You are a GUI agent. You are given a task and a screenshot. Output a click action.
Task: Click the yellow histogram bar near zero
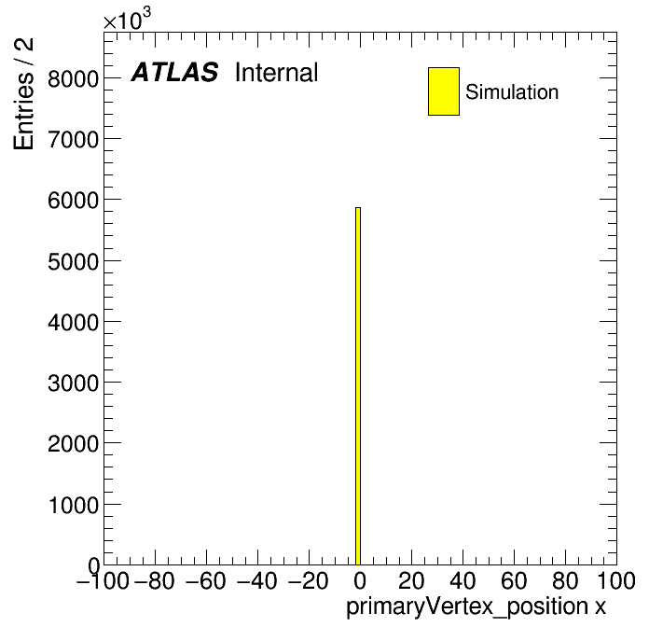pyautogui.click(x=358, y=386)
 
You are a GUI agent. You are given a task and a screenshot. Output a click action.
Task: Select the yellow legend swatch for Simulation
pyautogui.click(x=444, y=91)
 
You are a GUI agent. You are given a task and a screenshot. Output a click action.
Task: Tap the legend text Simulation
pyautogui.click(x=512, y=92)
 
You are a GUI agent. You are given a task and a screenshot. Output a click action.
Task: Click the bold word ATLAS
pyautogui.click(x=174, y=72)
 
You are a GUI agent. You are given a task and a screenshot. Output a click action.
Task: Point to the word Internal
pyautogui.click(x=277, y=73)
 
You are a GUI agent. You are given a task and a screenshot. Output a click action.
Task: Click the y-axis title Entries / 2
pyautogui.click(x=23, y=94)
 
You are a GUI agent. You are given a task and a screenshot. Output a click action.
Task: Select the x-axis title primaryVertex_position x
pyautogui.click(x=476, y=607)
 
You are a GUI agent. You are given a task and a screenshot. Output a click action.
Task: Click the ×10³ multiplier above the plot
pyautogui.click(x=127, y=20)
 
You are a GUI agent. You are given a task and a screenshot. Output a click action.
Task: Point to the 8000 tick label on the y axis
pyautogui.click(x=74, y=78)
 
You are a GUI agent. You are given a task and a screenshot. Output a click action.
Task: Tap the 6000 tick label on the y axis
pyautogui.click(x=74, y=201)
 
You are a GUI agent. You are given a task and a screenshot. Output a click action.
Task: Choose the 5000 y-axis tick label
pyautogui.click(x=74, y=262)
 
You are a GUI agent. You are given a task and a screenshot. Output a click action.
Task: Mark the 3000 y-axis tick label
pyautogui.click(x=74, y=383)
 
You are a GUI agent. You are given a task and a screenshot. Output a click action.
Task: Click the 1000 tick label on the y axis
pyautogui.click(x=74, y=506)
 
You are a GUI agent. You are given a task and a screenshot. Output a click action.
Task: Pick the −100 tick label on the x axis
pyautogui.click(x=103, y=580)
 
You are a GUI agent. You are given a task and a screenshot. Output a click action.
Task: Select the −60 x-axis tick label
pyautogui.click(x=206, y=580)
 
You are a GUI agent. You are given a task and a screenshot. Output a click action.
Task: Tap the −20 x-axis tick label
pyautogui.click(x=308, y=580)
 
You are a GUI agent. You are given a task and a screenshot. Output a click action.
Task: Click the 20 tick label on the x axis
pyautogui.click(x=411, y=580)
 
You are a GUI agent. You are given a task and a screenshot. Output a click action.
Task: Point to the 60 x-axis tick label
pyautogui.click(x=514, y=580)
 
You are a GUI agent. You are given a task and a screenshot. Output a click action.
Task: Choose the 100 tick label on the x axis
pyautogui.click(x=615, y=580)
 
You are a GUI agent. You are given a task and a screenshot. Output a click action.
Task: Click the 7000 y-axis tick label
pyautogui.click(x=74, y=140)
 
